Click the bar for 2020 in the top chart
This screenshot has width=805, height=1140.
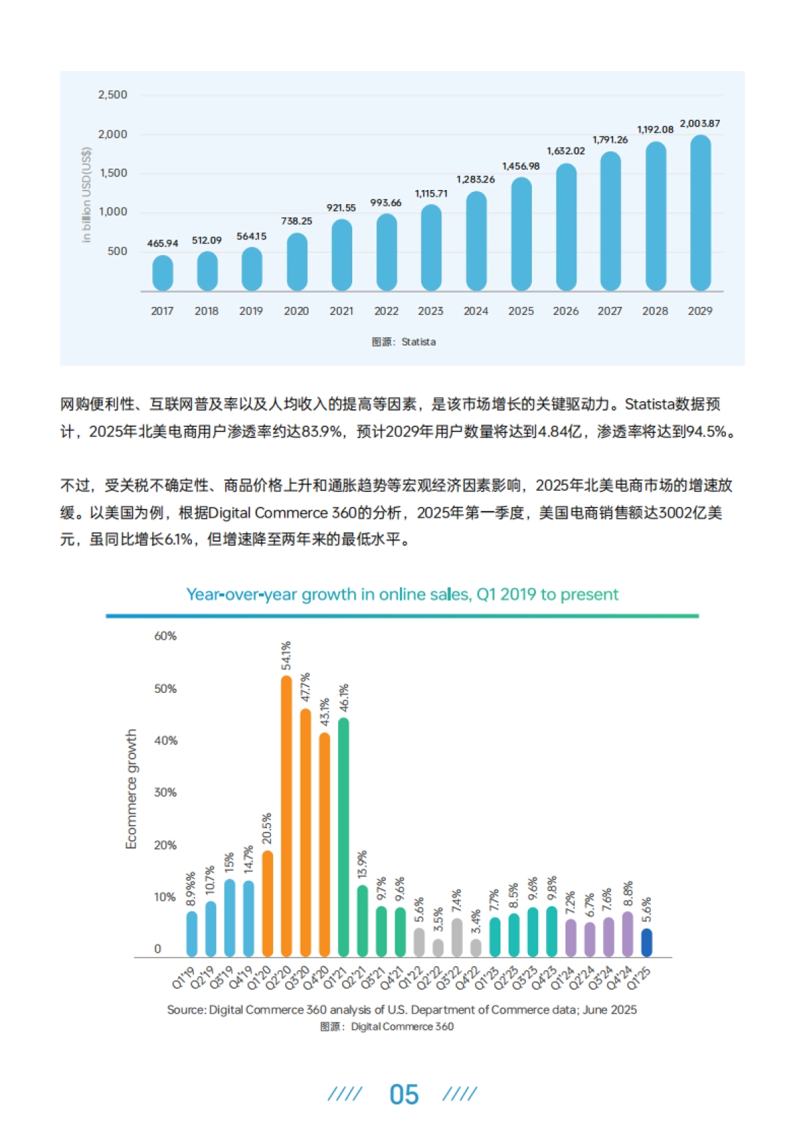pos(297,263)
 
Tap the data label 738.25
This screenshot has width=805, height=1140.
pos(297,221)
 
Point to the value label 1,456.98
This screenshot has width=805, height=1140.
pos(521,166)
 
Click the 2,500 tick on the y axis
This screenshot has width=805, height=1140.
pos(113,95)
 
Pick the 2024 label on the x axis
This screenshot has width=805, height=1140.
pos(476,311)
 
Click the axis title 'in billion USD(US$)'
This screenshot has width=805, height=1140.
pos(87,195)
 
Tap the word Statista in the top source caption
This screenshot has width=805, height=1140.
pos(419,342)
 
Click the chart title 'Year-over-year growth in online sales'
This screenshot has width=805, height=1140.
pos(402,594)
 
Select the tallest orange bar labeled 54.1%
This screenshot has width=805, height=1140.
pos(286,816)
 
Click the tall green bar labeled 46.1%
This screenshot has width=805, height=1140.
pos(343,837)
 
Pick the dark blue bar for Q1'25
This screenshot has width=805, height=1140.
pos(647,943)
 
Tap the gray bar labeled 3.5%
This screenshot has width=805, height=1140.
pos(438,947)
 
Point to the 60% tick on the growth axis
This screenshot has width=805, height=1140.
pos(165,636)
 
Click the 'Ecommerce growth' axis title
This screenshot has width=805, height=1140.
pos(131,789)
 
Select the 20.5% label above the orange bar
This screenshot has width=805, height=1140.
pos(267,828)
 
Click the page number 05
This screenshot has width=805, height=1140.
pos(404,1094)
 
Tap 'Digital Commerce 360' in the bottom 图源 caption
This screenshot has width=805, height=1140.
pos(402,1027)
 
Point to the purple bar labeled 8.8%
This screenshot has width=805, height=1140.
pos(628,934)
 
